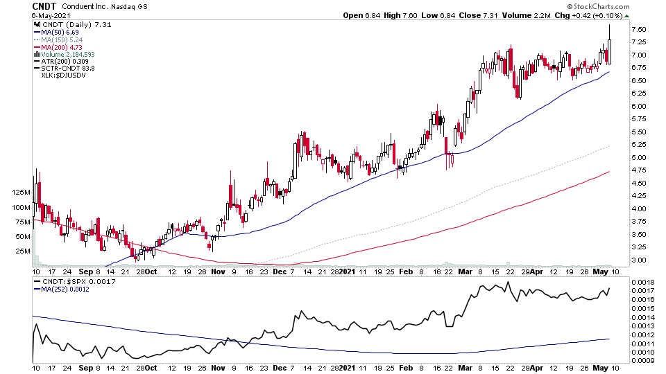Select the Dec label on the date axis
279,272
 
